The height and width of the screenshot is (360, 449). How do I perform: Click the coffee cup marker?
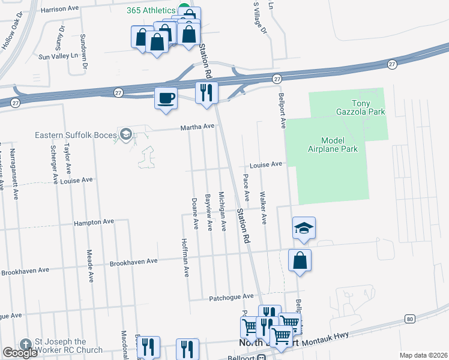pyautogui.click(x=166, y=98)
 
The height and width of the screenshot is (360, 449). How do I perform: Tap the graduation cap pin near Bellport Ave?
pyautogui.click(x=304, y=229)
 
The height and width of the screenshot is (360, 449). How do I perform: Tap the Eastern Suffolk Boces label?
pyautogui.click(x=76, y=135)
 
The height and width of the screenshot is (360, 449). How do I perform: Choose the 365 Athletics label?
pyautogui.click(x=151, y=10)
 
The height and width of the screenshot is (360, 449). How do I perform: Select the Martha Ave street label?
pyautogui.click(x=197, y=127)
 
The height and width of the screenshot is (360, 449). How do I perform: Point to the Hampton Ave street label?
pyautogui.click(x=94, y=222)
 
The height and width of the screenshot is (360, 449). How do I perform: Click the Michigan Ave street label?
pyautogui.click(x=222, y=211)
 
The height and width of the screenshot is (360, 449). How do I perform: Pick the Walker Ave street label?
pyautogui.click(x=262, y=208)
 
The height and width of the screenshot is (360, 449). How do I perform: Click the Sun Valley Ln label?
pyautogui.click(x=58, y=56)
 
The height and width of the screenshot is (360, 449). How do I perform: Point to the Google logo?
pyautogui.click(x=20, y=353)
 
